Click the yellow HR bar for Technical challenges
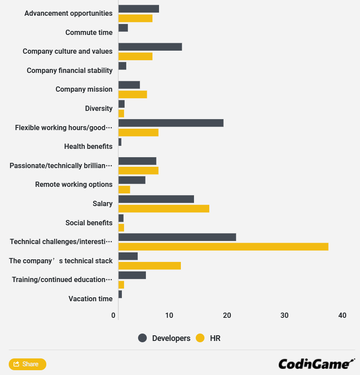pos(223,247)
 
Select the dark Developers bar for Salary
pos(156,199)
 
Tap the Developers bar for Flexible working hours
pos(171,123)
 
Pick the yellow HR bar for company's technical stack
pos(149,266)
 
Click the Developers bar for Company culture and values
pos(150,47)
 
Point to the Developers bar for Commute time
pos(123,28)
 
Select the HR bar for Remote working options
pos(124,189)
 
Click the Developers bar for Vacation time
pos(120,294)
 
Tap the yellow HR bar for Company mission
pos(132,94)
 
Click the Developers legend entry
pos(164,338)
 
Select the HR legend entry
pos(208,338)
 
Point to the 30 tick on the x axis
pos(284,315)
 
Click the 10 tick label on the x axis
pos(169,315)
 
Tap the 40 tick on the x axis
pos(342,315)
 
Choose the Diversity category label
pos(99,108)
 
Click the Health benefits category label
pos(88,146)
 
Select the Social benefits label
pos(89,223)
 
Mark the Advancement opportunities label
pos(68,13)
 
